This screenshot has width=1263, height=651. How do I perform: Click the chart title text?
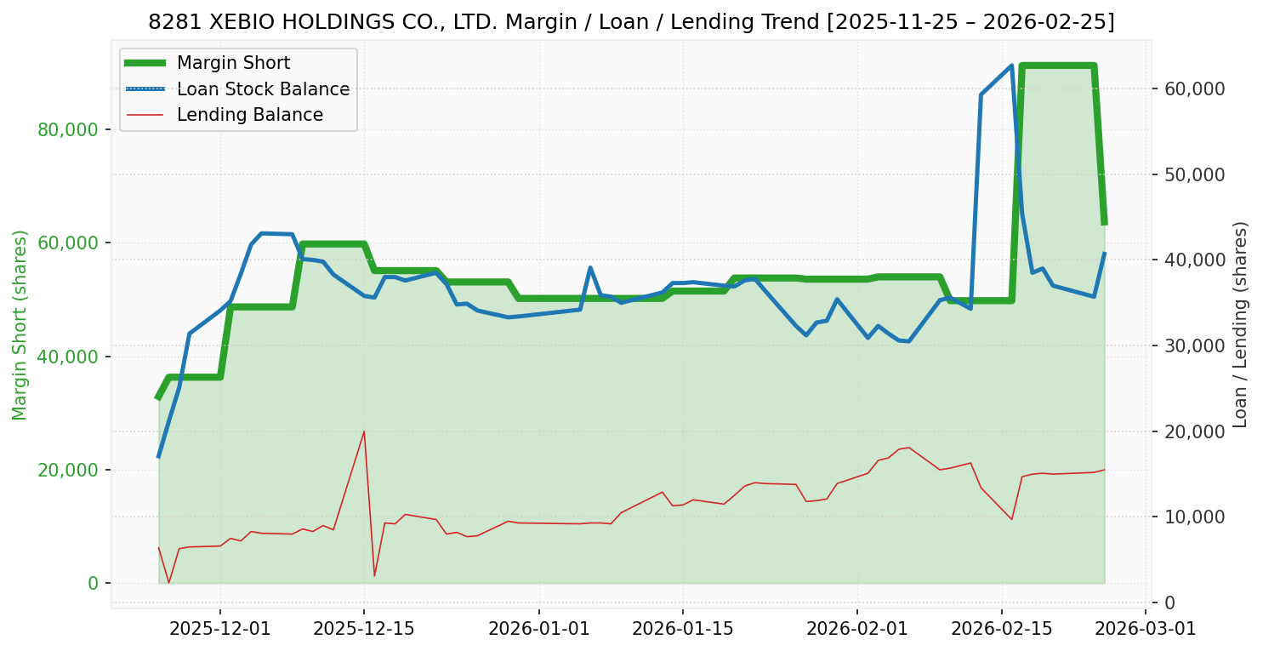tap(631, 22)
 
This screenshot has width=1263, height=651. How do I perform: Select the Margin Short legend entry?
tap(233, 63)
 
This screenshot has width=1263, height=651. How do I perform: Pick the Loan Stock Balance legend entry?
tap(263, 89)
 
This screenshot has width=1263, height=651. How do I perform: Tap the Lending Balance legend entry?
tap(249, 115)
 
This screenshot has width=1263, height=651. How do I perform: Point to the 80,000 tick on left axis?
tap(74, 129)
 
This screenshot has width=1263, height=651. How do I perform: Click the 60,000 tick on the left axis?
tap(74, 243)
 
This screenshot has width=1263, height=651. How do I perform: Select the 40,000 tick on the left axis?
tap(74, 357)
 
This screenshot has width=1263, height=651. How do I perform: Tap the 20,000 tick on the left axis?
tap(74, 470)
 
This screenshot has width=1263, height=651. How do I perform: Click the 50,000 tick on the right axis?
tap(1193, 174)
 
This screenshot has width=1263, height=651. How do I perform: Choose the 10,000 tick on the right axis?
tap(1193, 517)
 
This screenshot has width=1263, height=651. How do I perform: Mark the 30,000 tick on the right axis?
tap(1193, 345)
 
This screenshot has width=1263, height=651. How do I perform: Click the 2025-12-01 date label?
tap(220, 629)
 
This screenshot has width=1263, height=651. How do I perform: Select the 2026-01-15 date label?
tap(683, 629)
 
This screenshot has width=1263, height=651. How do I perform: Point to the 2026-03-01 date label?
tap(1145, 629)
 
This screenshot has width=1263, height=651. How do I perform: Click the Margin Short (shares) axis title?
tap(20, 324)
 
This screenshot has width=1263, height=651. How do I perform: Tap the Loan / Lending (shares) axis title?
tap(1240, 324)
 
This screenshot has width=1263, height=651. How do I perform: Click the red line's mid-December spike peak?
tap(364, 431)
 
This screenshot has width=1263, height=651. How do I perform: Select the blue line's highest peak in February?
tap(1012, 66)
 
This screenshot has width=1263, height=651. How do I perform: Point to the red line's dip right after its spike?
tap(374, 576)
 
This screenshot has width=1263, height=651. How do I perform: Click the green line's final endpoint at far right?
tap(1104, 224)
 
